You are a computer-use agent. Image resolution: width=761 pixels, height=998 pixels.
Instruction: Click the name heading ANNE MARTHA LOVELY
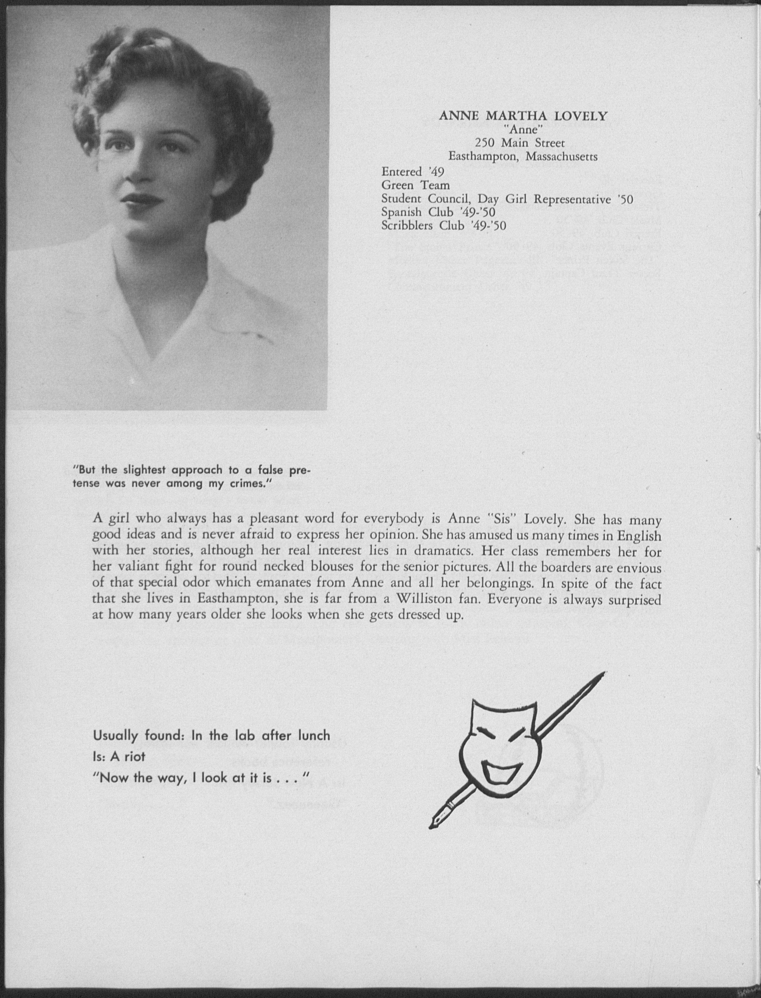pos(523,116)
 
